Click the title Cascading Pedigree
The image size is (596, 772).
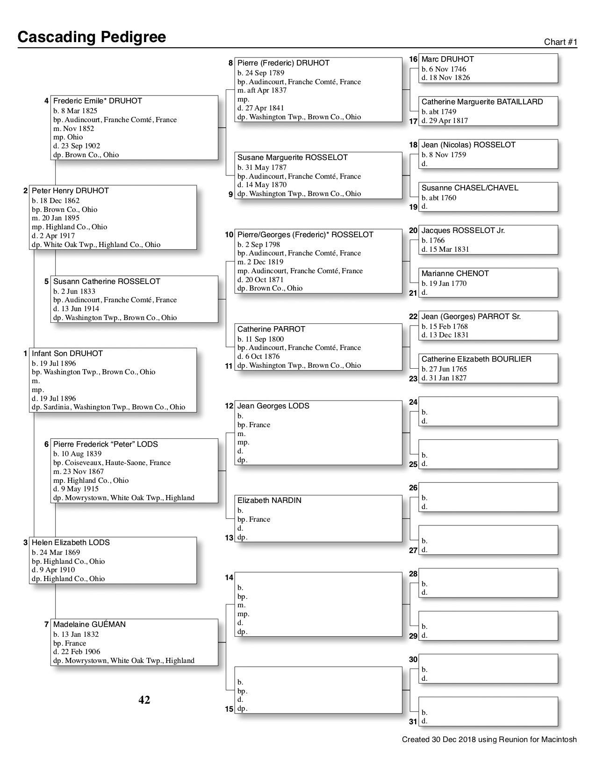pyautogui.click(x=92, y=37)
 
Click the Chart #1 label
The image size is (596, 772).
pyautogui.click(x=560, y=42)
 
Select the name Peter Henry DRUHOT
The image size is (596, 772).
pyautogui.click(x=70, y=191)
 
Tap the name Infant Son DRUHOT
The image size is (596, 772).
pyautogui.click(x=67, y=354)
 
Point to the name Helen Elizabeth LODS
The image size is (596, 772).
pyautogui.click(x=71, y=543)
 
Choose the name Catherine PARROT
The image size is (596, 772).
pyautogui.click(x=271, y=329)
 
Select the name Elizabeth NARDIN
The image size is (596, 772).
pyautogui.click(x=269, y=501)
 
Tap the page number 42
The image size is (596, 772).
pyautogui.click(x=144, y=700)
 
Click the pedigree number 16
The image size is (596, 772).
pyautogui.click(x=413, y=59)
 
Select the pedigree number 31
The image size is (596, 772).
pyautogui.click(x=413, y=721)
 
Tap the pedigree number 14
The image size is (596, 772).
pyautogui.click(x=229, y=578)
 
